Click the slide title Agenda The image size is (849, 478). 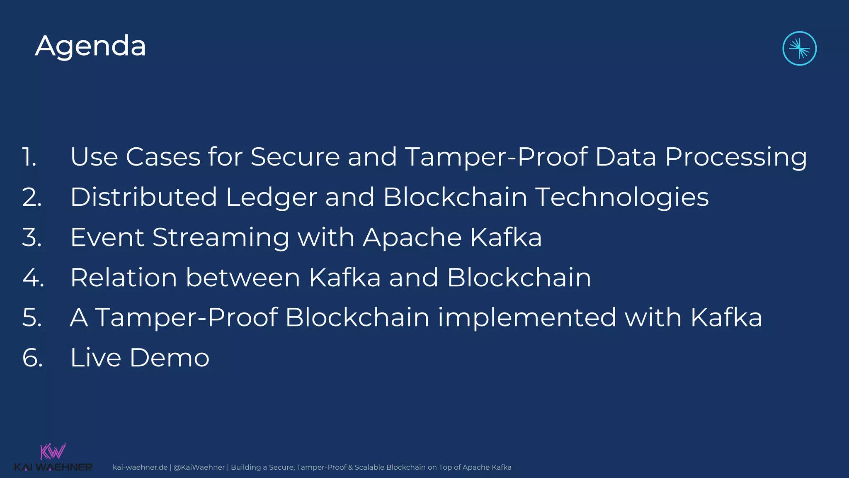coord(90,46)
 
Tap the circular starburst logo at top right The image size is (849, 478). coord(799,49)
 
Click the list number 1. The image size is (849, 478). coord(29,157)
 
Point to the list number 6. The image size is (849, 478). coord(33,358)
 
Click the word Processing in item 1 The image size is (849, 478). coord(736,158)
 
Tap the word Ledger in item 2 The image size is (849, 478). coord(272,198)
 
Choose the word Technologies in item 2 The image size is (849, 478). coord(622,198)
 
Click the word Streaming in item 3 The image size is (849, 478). coord(221,238)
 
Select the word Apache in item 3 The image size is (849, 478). coord(412,237)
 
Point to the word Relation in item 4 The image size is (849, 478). coord(124,278)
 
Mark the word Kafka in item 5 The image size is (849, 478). coord(726,318)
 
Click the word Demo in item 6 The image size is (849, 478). coord(170,358)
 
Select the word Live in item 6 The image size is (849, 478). coord(95,358)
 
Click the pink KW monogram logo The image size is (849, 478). coord(53,451)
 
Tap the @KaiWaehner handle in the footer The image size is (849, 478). coord(199,467)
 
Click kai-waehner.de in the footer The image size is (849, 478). coord(140,467)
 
